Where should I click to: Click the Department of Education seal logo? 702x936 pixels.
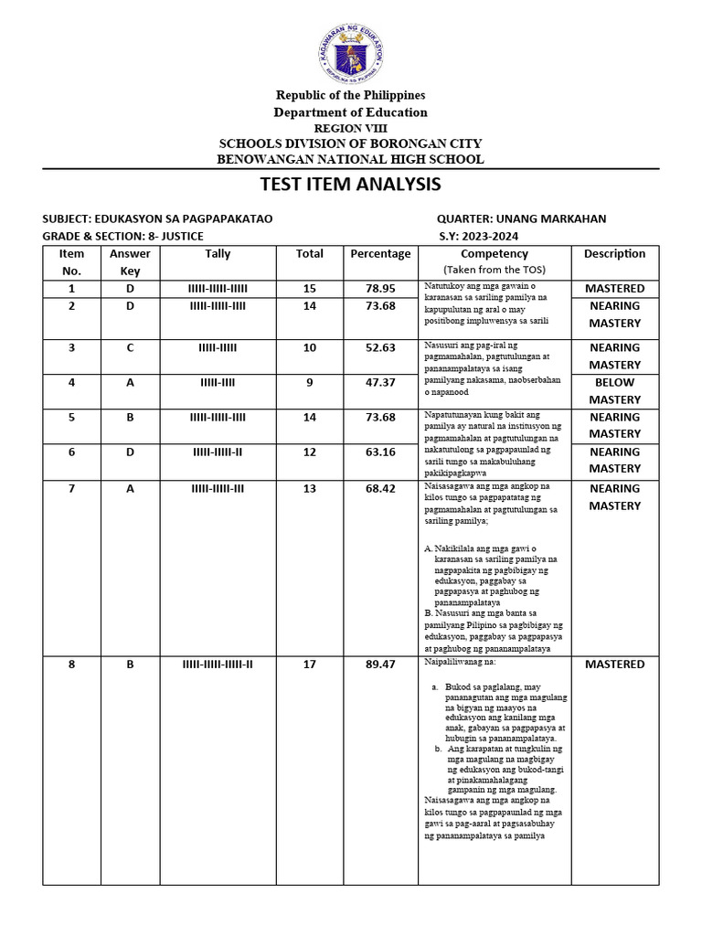(x=351, y=53)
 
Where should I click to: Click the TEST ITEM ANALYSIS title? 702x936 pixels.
(x=351, y=184)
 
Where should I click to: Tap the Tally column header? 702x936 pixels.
(x=218, y=254)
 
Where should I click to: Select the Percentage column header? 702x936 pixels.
(x=380, y=254)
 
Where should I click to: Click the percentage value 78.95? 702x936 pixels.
(x=380, y=289)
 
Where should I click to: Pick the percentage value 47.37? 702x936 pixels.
(x=380, y=383)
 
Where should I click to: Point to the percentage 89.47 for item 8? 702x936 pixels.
(x=380, y=665)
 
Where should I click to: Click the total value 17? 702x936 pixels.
(x=310, y=665)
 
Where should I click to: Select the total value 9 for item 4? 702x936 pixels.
(x=310, y=383)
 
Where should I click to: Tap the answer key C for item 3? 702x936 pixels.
(x=130, y=348)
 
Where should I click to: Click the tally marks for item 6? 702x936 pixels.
(x=218, y=452)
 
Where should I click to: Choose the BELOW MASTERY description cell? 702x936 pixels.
(x=615, y=391)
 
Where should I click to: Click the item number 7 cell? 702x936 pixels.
(x=71, y=489)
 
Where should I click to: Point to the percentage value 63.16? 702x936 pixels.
(x=380, y=452)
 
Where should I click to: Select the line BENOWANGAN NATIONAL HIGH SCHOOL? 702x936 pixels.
(x=351, y=159)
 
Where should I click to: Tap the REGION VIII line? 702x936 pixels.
(x=351, y=129)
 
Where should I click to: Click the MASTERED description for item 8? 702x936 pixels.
(x=615, y=665)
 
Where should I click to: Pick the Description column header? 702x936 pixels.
(x=615, y=254)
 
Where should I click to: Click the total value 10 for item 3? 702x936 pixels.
(x=310, y=348)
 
